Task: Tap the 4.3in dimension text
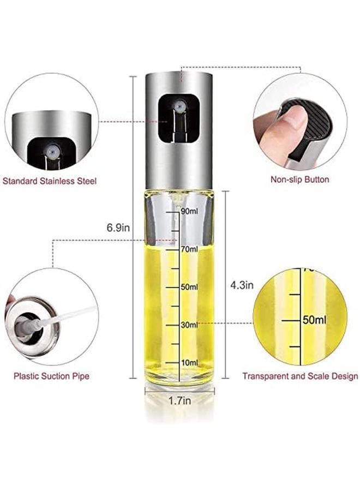(242, 284)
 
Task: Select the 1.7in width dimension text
(179, 402)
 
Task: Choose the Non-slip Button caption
(300, 179)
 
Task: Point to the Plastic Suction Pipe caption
(52, 376)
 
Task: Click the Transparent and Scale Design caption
(300, 376)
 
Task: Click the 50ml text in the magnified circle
(315, 319)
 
